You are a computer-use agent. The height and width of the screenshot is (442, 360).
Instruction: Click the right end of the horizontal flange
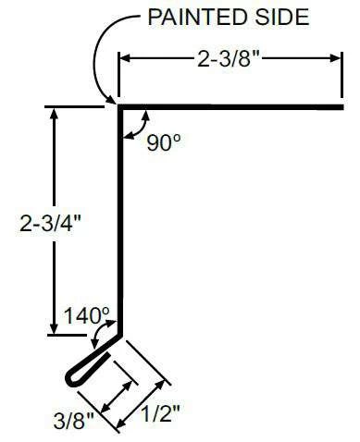tap(341, 107)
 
